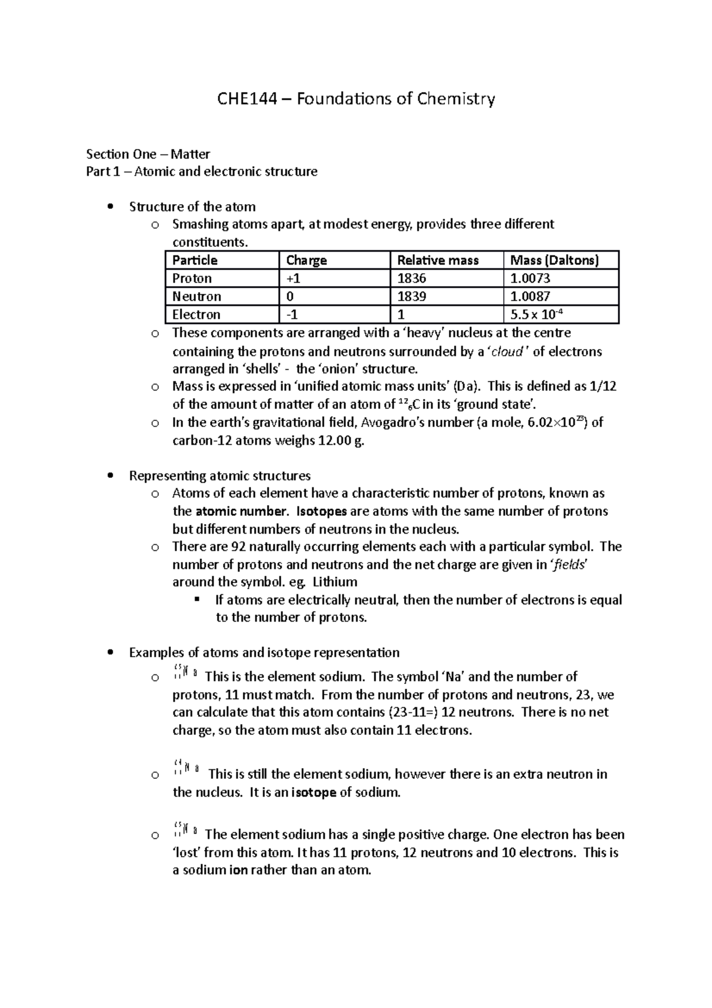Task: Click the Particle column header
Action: (195, 260)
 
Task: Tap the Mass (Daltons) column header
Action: (554, 260)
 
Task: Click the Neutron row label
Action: (196, 296)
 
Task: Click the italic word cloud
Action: (506, 351)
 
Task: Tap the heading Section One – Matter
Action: (148, 154)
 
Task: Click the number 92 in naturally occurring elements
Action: (245, 547)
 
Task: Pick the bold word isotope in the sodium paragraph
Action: (314, 792)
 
